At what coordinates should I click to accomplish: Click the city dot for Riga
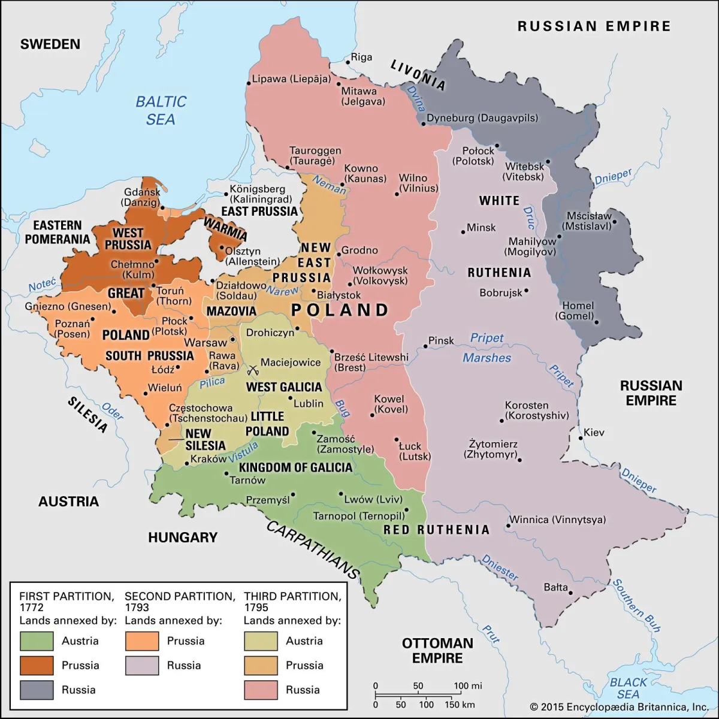click(347, 61)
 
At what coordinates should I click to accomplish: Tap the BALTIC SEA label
click(161, 110)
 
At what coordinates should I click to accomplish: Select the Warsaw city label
click(205, 343)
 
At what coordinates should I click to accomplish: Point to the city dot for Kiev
click(581, 438)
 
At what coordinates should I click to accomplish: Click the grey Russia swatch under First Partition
click(37, 690)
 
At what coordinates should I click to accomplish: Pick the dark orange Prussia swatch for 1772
click(37, 665)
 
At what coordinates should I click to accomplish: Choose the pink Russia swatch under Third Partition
click(261, 690)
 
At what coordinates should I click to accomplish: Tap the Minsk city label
click(481, 228)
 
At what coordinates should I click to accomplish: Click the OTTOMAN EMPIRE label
click(437, 650)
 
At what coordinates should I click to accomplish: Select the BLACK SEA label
click(628, 688)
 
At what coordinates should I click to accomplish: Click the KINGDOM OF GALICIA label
click(295, 467)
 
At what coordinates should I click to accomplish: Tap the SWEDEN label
click(50, 44)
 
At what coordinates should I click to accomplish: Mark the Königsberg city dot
click(226, 194)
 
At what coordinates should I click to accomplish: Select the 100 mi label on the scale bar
click(468, 685)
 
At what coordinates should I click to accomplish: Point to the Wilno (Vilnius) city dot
click(397, 194)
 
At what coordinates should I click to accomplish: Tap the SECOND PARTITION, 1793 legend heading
click(180, 602)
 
